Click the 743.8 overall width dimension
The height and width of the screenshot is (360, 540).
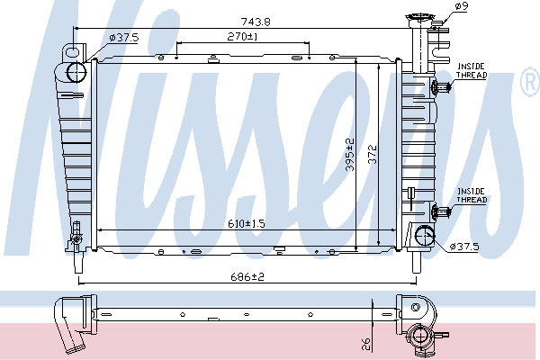256,22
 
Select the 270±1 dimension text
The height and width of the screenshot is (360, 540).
243,36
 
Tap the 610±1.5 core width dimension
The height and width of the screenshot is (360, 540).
247,224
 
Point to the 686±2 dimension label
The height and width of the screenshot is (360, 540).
247,276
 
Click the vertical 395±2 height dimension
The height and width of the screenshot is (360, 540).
350,154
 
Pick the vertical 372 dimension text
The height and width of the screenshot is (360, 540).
373,154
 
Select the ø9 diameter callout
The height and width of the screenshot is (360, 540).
462,6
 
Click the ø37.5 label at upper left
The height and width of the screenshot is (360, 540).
123,37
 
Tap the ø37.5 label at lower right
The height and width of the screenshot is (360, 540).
464,247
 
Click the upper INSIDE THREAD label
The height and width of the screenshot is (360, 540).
472,70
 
